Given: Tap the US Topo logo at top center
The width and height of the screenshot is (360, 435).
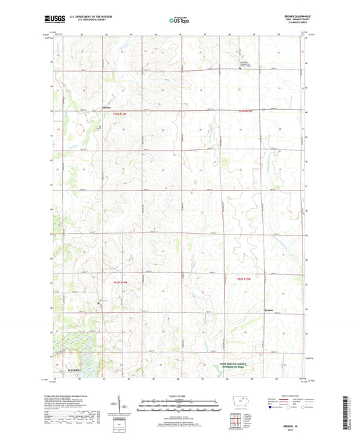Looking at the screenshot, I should pos(180,20).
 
